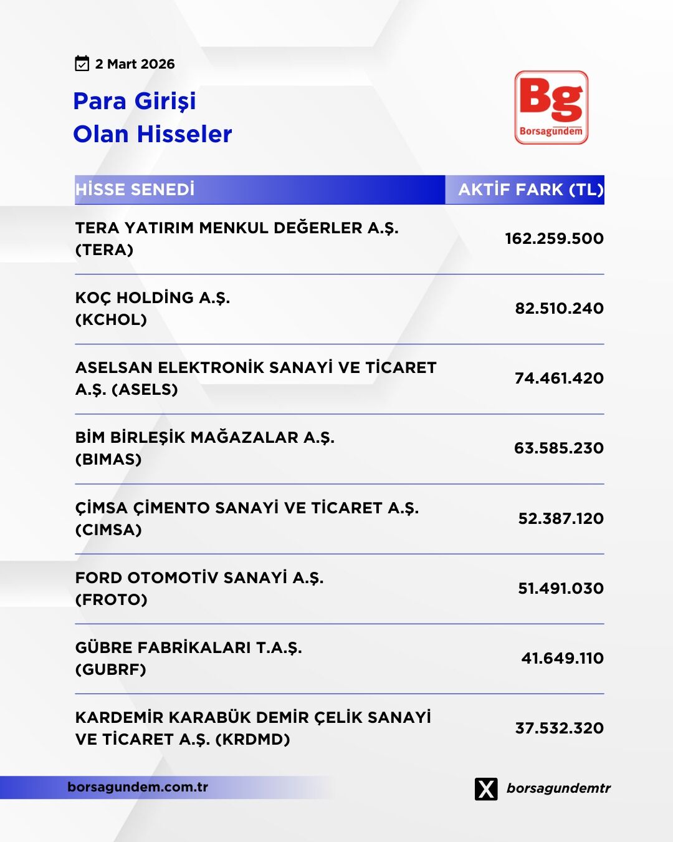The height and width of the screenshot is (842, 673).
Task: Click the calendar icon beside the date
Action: pyautogui.click(x=82, y=64)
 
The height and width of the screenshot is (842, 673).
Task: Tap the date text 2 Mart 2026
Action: pyautogui.click(x=135, y=64)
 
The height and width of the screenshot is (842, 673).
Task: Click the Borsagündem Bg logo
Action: pyautogui.click(x=551, y=107)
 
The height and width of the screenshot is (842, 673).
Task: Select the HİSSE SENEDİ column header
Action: pyautogui.click(x=135, y=190)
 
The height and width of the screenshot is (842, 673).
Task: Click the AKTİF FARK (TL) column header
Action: pyautogui.click(x=531, y=190)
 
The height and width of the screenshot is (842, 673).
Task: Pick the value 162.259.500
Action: pyautogui.click(x=554, y=238)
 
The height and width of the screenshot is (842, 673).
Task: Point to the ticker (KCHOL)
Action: pyautogui.click(x=111, y=320)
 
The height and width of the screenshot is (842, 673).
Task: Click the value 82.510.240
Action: pyautogui.click(x=559, y=308)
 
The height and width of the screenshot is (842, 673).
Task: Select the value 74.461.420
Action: pyautogui.click(x=559, y=378)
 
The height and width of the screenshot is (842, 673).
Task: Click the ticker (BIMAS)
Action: pyautogui.click(x=108, y=460)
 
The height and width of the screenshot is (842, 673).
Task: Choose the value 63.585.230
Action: pyautogui.click(x=558, y=448)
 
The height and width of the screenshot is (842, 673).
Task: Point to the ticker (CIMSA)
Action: pyautogui.click(x=108, y=530)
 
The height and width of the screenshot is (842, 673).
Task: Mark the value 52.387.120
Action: pyautogui.click(x=561, y=518)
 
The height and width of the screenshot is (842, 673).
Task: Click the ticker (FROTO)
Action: pyautogui.click(x=111, y=600)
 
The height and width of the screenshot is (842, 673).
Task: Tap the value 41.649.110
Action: pyautogui.click(x=562, y=658)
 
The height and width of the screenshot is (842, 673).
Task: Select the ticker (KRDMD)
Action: pyautogui.click(x=252, y=740)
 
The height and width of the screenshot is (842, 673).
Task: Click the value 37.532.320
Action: pyautogui.click(x=559, y=728)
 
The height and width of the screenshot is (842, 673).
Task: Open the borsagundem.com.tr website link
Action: pyautogui.click(x=138, y=787)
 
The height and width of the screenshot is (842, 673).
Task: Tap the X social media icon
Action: pyautogui.click(x=486, y=788)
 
